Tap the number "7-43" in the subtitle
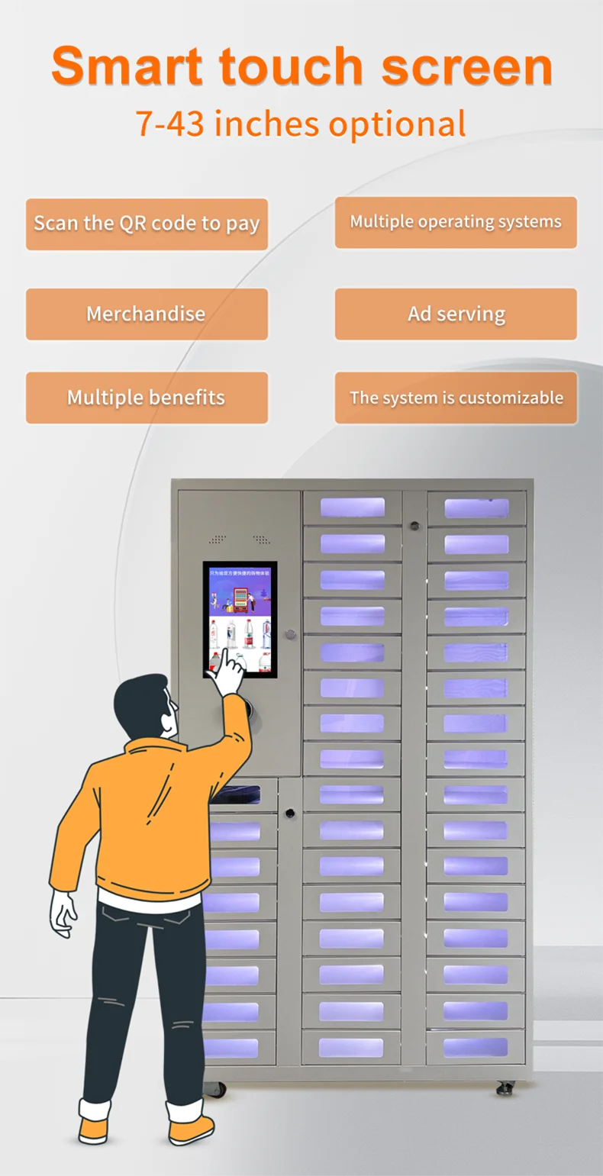169,124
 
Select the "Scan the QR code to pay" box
147,224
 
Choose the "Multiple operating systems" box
456,222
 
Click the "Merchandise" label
146,314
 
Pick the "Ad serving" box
456,314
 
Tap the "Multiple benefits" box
147,398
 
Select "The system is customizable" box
456,398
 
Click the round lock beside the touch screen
289,634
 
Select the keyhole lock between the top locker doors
414,526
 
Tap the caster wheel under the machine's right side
505,1087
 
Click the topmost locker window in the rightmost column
476,508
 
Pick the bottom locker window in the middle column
351,1047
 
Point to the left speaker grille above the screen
218,540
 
